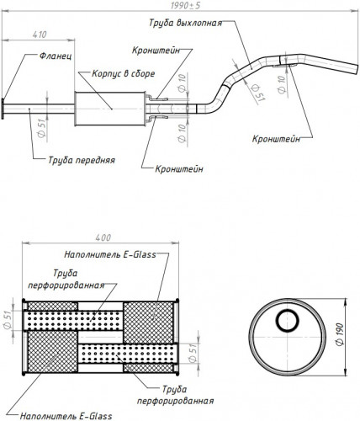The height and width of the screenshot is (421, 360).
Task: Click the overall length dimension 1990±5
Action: (185, 5)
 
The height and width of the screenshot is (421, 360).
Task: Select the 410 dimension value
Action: (40, 35)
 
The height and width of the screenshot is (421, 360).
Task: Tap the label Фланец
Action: (56, 56)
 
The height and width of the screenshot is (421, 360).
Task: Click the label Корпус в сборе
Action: (124, 73)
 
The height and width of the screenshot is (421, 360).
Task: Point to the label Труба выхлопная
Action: (185, 23)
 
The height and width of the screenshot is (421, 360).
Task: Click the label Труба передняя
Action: (82, 160)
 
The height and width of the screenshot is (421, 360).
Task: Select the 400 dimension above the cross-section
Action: (103, 237)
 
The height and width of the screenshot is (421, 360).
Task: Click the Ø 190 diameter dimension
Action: (340, 334)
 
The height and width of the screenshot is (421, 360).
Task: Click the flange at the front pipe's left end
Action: (3, 109)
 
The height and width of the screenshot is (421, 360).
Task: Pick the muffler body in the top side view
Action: (110, 109)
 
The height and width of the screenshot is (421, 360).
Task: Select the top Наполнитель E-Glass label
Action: (110, 254)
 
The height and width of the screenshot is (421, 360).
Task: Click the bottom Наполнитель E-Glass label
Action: (66, 416)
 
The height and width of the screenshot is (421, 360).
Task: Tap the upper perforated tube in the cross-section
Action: (73, 320)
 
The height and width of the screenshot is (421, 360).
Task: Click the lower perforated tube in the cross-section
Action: (127, 354)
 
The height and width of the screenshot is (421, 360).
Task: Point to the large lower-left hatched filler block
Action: (52, 351)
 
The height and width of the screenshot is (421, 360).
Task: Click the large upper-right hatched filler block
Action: (148, 322)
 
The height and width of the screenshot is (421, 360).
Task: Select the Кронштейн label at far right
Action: (276, 139)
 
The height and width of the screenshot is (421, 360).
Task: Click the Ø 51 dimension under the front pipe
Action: (42, 128)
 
